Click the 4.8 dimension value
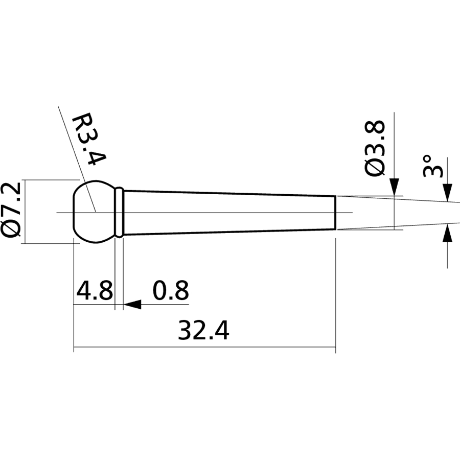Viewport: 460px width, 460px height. point(94,291)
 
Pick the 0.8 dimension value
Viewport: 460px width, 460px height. point(171,291)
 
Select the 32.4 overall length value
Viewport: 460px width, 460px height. point(203,331)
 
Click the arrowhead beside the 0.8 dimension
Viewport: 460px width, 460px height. point(132,305)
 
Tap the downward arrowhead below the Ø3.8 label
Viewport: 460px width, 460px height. point(394,187)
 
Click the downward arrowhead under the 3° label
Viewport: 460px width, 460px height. point(448,192)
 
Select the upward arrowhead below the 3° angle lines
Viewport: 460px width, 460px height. point(448,234)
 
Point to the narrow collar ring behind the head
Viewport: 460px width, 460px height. point(120,212)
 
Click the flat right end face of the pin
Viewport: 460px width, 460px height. point(335,213)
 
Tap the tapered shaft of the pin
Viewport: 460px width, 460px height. point(230,212)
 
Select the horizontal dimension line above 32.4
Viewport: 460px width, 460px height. point(204,350)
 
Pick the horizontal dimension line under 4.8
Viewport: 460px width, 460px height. point(94,305)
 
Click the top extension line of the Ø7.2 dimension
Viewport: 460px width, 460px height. point(49,180)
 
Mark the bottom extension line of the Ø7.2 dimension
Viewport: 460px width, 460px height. point(49,243)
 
